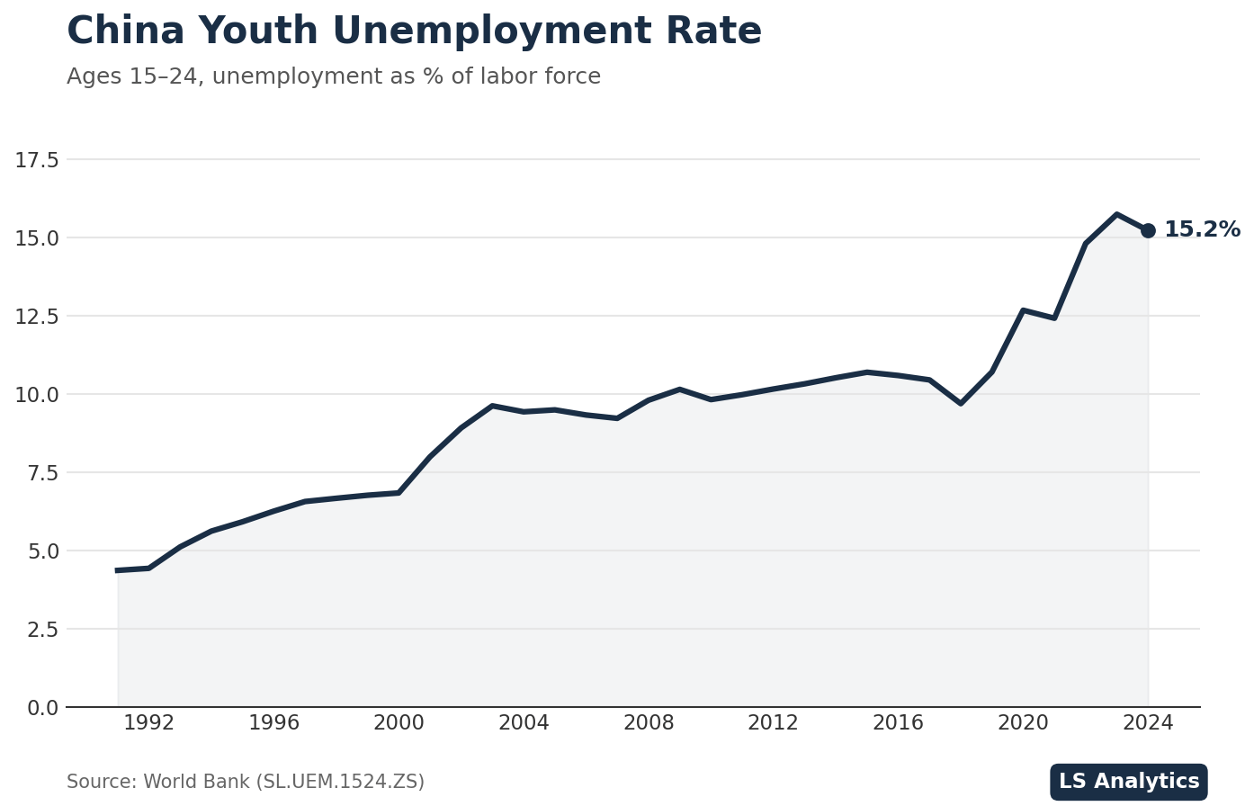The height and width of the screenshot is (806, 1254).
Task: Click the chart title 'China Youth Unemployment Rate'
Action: [414, 32]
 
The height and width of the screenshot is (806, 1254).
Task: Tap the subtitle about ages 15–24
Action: [333, 77]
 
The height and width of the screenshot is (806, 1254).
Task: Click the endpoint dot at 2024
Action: [1148, 230]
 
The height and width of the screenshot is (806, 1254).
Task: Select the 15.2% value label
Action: [1202, 230]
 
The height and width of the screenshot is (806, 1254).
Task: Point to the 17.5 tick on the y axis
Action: [36, 160]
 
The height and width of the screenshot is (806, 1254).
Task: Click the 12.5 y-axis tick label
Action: [36, 317]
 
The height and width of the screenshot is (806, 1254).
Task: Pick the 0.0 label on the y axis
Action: [42, 708]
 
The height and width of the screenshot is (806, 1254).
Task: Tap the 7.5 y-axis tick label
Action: [42, 473]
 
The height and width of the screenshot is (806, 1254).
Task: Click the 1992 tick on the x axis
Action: [148, 723]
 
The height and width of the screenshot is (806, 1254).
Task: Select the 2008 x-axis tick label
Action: [649, 723]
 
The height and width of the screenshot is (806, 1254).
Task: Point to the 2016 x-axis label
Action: [898, 723]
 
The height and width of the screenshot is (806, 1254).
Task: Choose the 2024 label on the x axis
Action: [1148, 723]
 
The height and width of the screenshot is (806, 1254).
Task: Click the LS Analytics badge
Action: [1128, 782]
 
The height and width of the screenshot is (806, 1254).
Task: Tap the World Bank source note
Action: [245, 783]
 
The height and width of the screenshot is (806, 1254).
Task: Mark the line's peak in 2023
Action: [1116, 214]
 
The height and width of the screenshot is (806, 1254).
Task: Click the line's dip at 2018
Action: [961, 403]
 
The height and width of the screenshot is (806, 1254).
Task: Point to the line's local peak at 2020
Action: [1023, 310]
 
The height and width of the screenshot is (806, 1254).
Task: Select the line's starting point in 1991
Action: [118, 570]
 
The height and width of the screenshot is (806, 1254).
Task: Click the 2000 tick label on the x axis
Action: [399, 723]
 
